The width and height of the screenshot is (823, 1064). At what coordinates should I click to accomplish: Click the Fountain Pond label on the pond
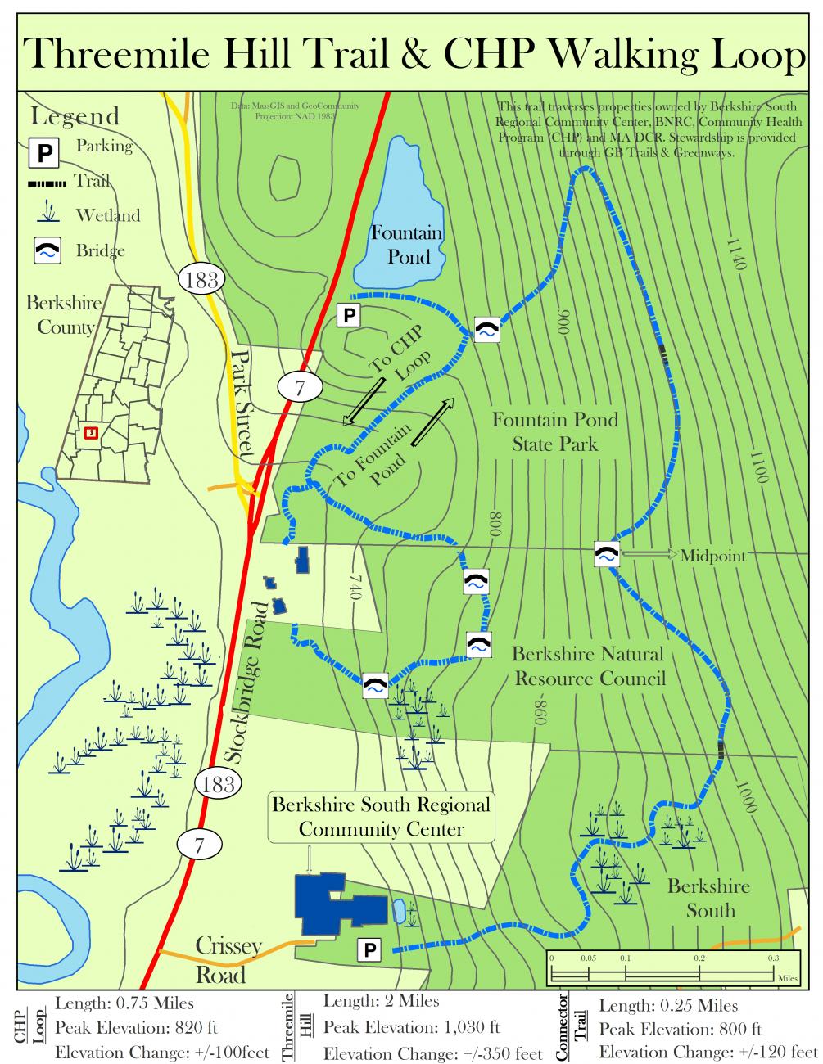407,245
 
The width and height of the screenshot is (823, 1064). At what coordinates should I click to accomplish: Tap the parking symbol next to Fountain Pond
350,315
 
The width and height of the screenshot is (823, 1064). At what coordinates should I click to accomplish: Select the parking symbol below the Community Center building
369,949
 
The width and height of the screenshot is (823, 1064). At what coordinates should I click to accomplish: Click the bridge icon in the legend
47,250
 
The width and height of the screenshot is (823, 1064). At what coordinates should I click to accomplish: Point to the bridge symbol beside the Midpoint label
606,554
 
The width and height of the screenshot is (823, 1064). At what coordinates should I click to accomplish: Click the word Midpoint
712,556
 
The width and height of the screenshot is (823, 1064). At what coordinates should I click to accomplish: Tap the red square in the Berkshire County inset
90,432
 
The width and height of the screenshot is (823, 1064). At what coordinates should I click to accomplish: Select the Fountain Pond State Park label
554,432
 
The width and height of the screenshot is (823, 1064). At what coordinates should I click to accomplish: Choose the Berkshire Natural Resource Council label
588,666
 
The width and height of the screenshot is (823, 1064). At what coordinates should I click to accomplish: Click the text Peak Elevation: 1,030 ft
411,1027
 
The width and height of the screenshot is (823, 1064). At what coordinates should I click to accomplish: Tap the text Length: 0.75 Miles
124,1003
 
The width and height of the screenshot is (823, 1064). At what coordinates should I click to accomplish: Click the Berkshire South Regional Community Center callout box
381,816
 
